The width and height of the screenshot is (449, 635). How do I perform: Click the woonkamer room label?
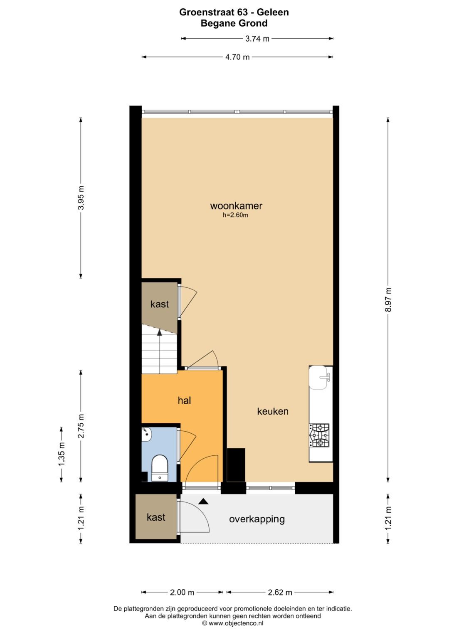point(236,205)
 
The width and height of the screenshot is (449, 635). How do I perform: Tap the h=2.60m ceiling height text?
point(235,215)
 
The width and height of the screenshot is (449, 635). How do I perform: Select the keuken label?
point(273,411)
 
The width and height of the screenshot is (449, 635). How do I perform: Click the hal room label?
point(184,400)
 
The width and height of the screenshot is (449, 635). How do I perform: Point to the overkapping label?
point(257,519)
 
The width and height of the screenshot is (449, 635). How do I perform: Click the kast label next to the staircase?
point(160,304)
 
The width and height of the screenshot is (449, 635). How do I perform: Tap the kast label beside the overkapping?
point(156,517)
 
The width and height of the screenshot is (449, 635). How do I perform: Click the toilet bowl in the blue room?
point(159,467)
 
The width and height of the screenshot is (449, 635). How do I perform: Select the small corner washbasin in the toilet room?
point(147,434)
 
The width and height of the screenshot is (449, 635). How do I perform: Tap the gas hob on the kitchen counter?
point(319,435)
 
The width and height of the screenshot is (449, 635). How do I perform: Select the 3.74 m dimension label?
point(257,39)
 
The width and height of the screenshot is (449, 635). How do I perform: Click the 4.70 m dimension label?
point(237,57)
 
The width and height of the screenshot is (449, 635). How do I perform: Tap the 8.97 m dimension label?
point(388,299)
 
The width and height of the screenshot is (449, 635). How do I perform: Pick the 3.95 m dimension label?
point(81,198)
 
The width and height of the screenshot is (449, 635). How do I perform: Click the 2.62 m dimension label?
point(280,592)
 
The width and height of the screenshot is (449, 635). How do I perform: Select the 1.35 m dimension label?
point(62,454)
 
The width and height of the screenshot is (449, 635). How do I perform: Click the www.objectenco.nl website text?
point(233,623)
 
